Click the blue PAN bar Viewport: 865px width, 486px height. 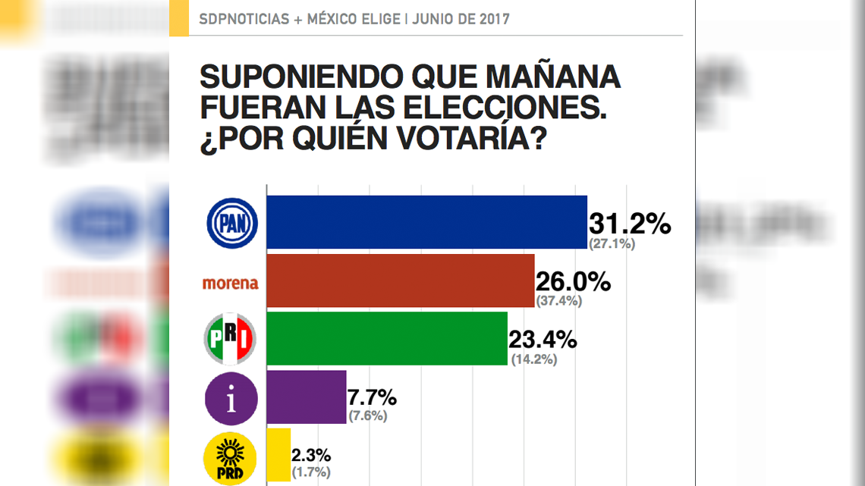pos(426,222)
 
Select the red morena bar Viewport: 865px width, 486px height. pos(400,281)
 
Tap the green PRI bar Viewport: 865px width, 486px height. pos(387,338)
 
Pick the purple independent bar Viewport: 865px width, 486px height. pos(307,397)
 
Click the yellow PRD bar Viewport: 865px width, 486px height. pos(278,455)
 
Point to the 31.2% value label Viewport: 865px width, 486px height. pos(630,224)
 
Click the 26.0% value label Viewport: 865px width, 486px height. pos(573,282)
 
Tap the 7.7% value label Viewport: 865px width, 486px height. pos(373,397)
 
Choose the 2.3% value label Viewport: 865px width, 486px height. pos(312,456)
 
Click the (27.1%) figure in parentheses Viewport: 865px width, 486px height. pos(612,244)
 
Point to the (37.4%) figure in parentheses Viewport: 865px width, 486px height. pos(558,301)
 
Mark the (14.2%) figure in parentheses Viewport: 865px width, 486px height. pos(533,359)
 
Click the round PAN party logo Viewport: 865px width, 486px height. pos(232,223)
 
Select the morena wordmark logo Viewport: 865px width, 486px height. pos(231,284)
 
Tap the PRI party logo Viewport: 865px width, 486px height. pos(231,339)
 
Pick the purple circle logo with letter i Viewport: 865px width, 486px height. pos(231,398)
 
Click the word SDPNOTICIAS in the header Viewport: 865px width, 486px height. pos(244,19)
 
